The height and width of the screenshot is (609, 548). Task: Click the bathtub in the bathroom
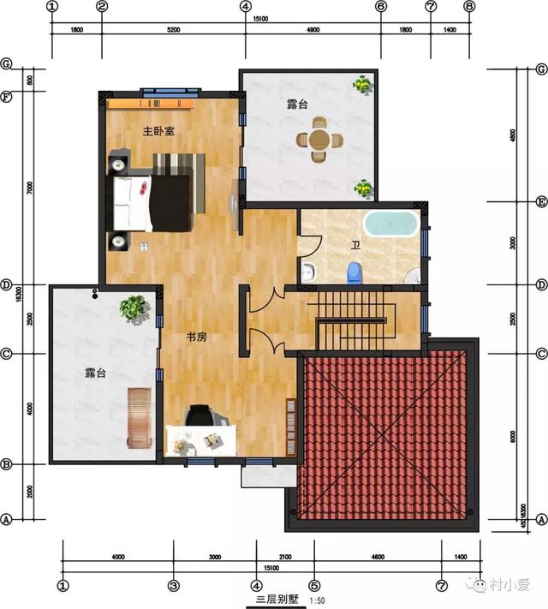pyautogui.click(x=390, y=224)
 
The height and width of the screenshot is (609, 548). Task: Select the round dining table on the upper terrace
pyautogui.click(x=319, y=140)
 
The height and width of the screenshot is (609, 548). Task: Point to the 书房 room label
pyautogui.click(x=197, y=337)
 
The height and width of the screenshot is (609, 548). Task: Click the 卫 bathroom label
pyautogui.click(x=354, y=245)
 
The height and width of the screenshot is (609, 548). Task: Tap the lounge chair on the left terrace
pyautogui.click(x=139, y=417)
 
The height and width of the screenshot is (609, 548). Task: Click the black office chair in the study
pyautogui.click(x=200, y=415)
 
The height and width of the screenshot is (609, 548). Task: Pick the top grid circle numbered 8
pyautogui.click(x=469, y=6)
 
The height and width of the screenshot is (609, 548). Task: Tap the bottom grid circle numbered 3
pyautogui.click(x=173, y=586)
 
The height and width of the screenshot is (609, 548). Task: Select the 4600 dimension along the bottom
pyautogui.click(x=377, y=557)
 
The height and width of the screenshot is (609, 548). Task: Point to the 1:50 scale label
pyautogui.click(x=317, y=601)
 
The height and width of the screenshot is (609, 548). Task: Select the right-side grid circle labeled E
pyautogui.click(x=541, y=202)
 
